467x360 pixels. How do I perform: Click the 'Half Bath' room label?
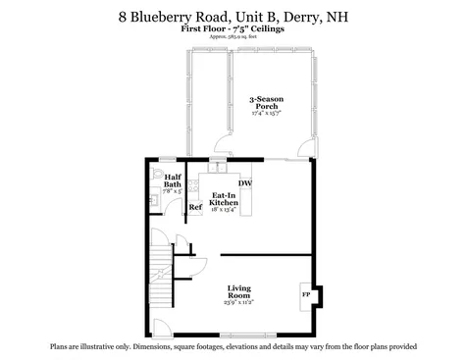tap(172, 181)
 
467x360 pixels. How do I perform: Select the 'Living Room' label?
tap(239, 291)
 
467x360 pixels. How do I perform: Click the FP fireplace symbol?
tap(305, 292)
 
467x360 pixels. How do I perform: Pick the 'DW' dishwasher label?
tap(244, 182)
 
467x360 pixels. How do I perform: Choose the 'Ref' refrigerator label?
tap(195, 208)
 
